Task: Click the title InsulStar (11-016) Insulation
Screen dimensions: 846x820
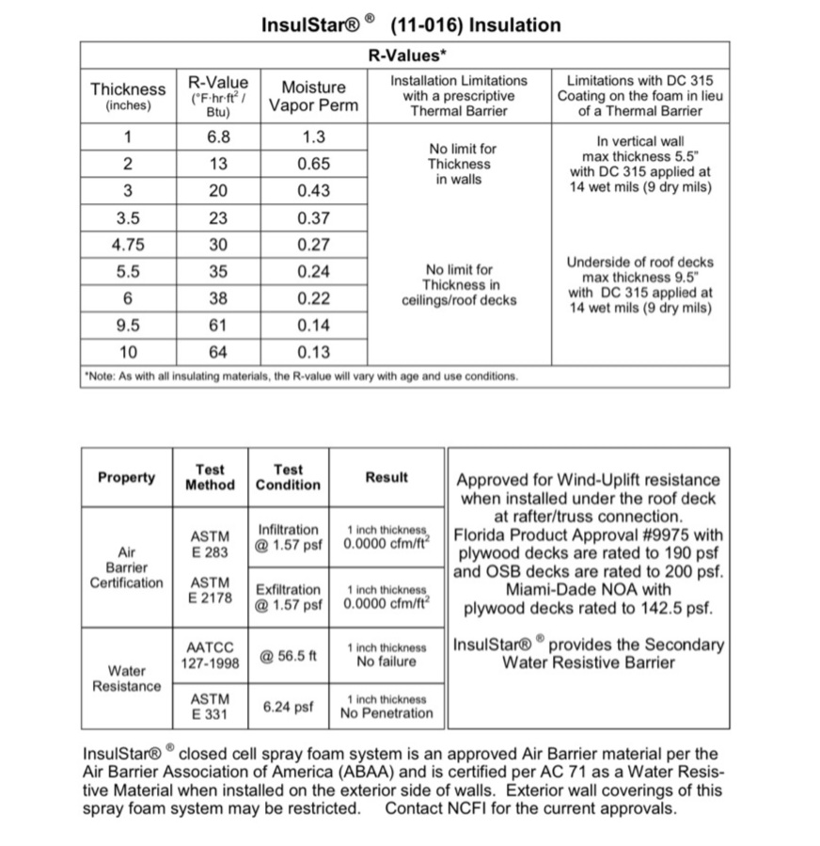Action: [x=411, y=25]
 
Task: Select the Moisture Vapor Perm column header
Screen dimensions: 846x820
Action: [x=314, y=96]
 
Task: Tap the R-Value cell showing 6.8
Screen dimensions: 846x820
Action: [x=218, y=136]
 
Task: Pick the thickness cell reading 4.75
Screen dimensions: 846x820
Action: [x=128, y=245]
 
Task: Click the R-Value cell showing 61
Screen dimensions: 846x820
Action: [x=218, y=327]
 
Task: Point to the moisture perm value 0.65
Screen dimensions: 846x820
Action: [x=314, y=164]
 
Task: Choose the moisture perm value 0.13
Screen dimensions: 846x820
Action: [x=314, y=353]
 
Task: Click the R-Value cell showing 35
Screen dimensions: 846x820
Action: [x=218, y=272]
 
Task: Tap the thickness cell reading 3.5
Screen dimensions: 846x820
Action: [x=128, y=217]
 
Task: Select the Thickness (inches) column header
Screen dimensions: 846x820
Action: [x=128, y=96]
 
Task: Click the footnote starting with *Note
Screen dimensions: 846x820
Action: [x=301, y=376]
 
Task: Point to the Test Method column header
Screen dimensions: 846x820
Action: [x=210, y=477]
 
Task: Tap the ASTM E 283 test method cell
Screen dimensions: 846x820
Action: [x=210, y=545]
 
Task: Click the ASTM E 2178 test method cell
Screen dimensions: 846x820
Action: [x=210, y=590]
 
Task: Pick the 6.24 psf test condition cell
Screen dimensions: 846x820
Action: [x=288, y=706]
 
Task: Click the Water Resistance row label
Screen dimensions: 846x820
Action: [x=127, y=678]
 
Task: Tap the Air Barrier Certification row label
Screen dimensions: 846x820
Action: [x=127, y=567]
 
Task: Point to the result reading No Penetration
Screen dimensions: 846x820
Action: [x=386, y=712]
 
